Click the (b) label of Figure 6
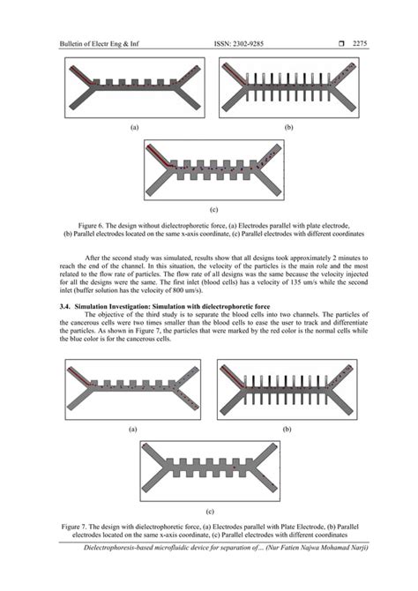pyautogui.click(x=287, y=127)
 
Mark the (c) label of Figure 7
pyautogui.click(x=209, y=511)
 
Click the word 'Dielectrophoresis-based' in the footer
pyautogui.click(x=119, y=549)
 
